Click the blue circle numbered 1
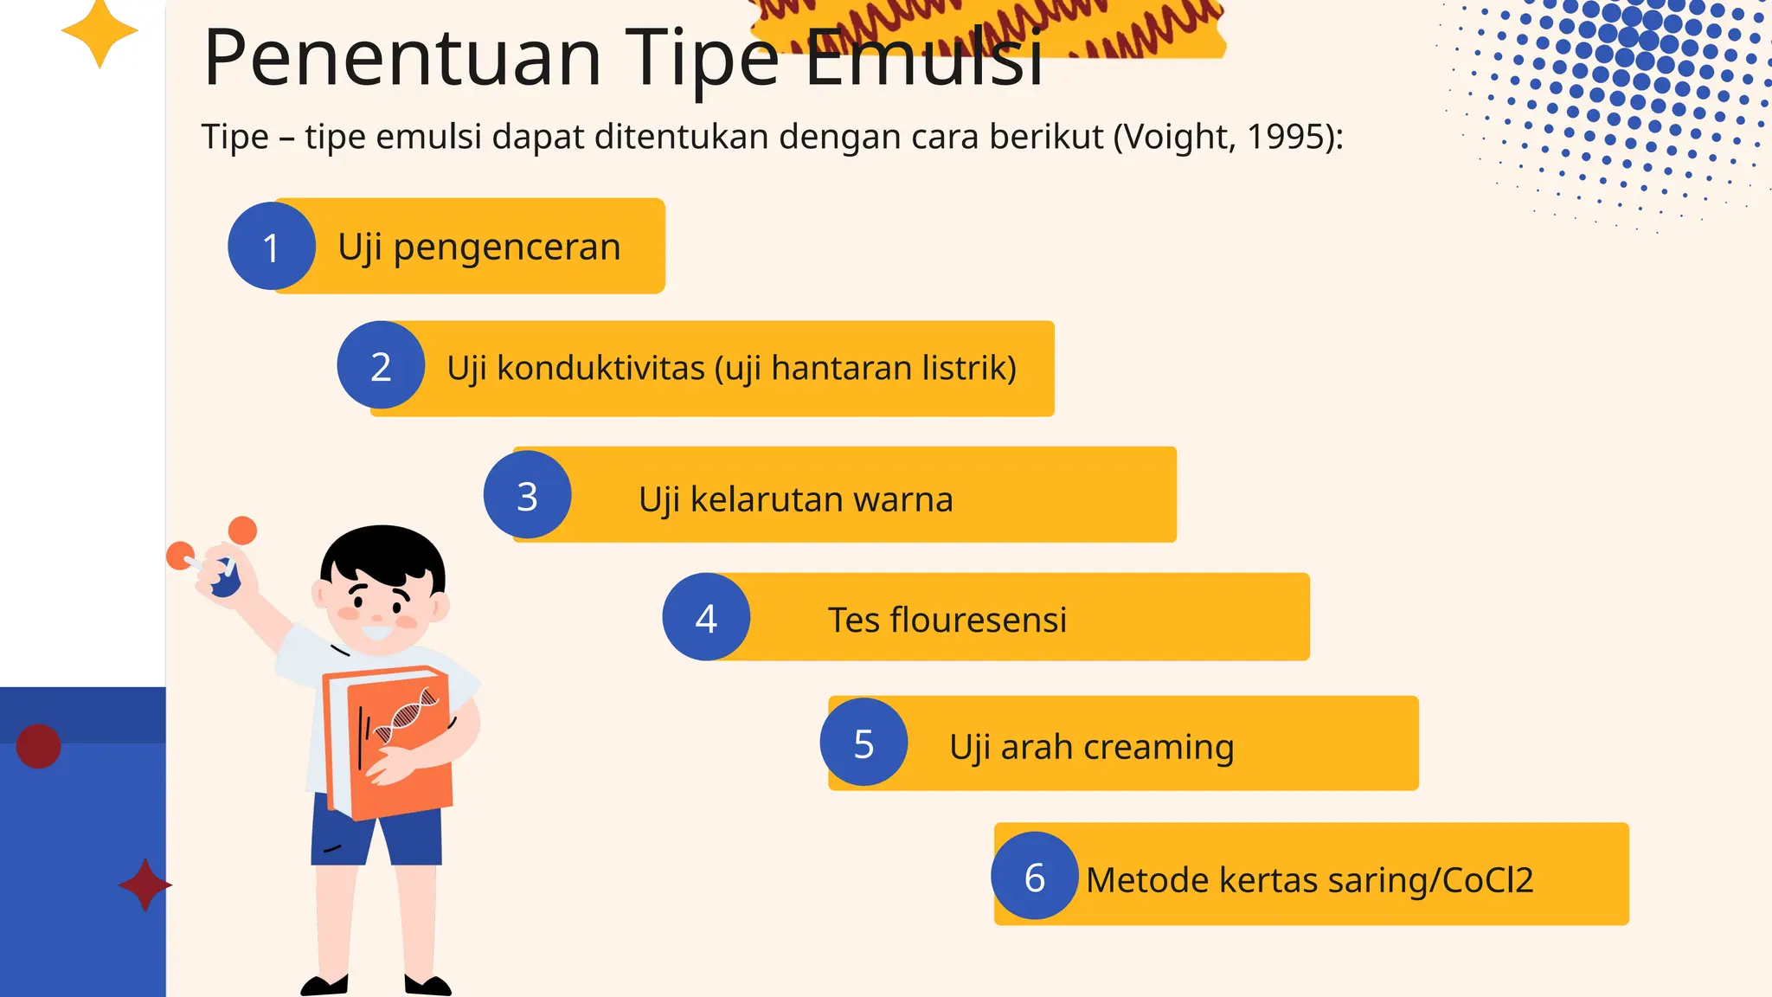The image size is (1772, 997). click(271, 247)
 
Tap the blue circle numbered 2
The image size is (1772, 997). click(381, 365)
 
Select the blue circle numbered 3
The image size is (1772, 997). click(527, 495)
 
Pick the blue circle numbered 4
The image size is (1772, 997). click(706, 617)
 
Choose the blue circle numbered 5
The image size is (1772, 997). click(864, 743)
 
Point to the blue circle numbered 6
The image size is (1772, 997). click(1035, 876)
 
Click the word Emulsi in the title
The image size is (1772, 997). click(924, 59)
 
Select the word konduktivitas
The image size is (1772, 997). click(600, 369)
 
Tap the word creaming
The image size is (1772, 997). click(1159, 747)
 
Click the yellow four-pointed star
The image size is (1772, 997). click(100, 32)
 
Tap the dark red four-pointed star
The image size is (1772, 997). click(144, 884)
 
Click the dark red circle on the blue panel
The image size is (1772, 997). click(39, 746)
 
